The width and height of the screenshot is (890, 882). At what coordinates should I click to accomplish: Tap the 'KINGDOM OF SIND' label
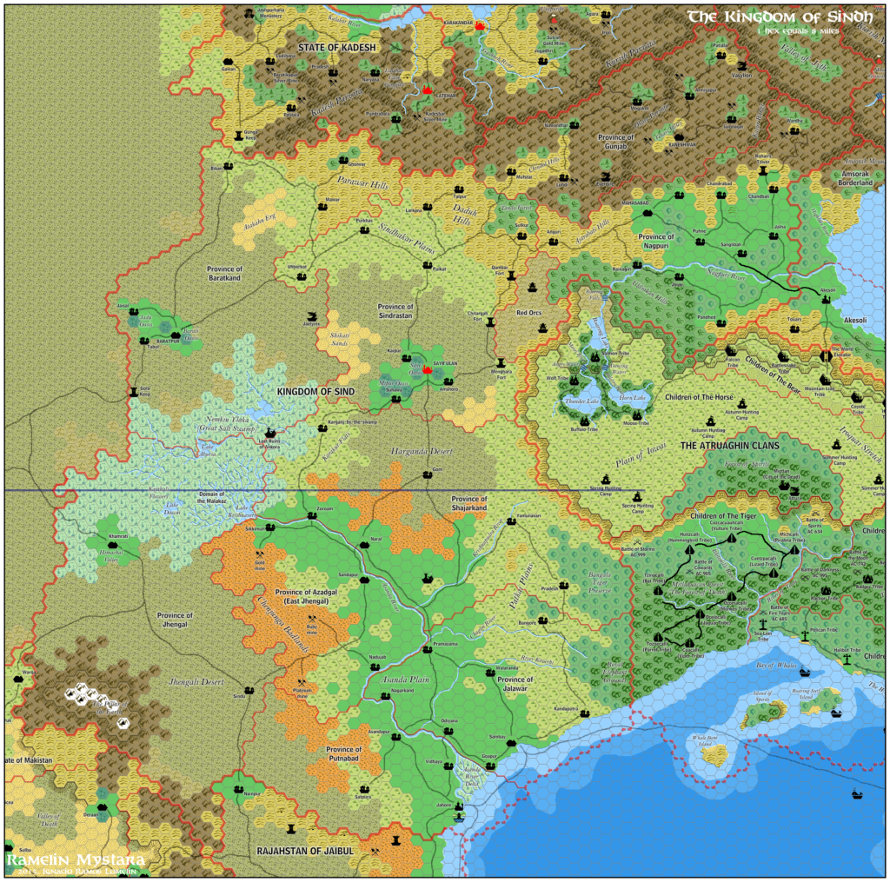coord(317,393)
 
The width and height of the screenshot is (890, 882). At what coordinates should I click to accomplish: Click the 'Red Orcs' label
coord(528,312)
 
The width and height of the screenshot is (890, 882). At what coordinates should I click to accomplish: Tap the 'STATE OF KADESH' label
coord(337,46)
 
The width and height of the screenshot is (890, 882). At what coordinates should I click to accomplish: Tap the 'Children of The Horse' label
coord(699,398)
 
